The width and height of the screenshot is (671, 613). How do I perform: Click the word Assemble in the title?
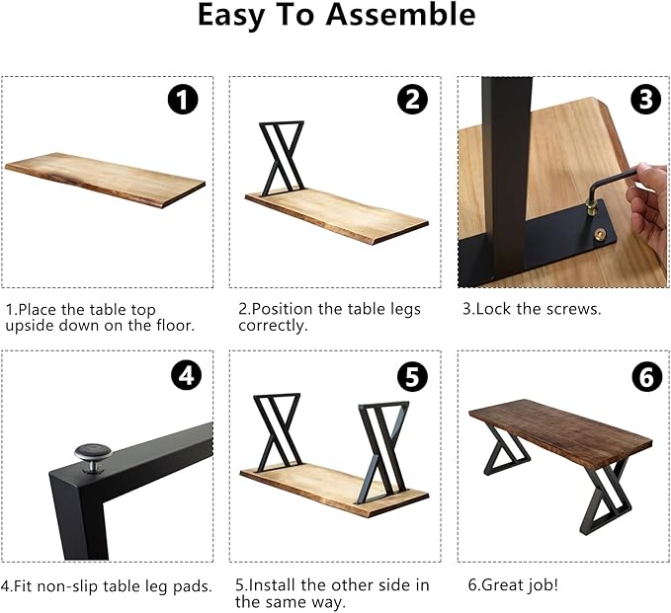[400, 15]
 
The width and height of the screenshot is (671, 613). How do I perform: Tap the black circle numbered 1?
[183, 99]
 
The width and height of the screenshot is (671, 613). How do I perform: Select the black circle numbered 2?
[412, 99]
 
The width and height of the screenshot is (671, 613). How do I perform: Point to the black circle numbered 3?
[645, 99]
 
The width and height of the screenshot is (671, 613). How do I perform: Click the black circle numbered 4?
[186, 376]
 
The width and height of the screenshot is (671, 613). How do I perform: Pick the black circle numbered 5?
[412, 376]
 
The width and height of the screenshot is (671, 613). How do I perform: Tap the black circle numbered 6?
[646, 376]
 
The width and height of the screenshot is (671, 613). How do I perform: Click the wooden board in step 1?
[105, 180]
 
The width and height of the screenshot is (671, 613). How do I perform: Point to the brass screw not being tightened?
[601, 234]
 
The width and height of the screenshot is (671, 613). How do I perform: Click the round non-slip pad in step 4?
[93, 457]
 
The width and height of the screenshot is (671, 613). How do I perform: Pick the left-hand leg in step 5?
[277, 431]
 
